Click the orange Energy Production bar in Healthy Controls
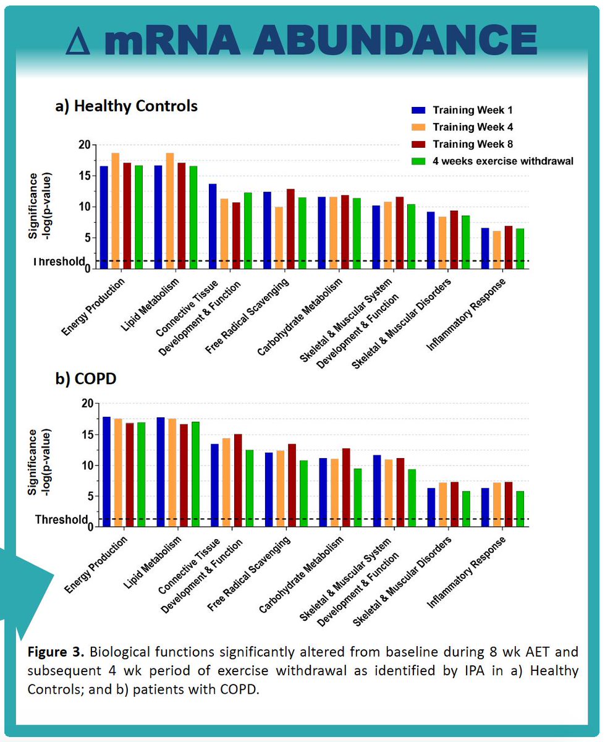(116, 210)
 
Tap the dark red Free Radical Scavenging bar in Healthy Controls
(290, 228)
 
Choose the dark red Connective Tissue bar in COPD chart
(238, 480)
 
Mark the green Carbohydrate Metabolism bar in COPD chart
(357, 497)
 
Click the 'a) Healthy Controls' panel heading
(127, 106)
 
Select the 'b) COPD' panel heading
(86, 378)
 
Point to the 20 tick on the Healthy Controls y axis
(84, 145)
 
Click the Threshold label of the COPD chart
(59, 519)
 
